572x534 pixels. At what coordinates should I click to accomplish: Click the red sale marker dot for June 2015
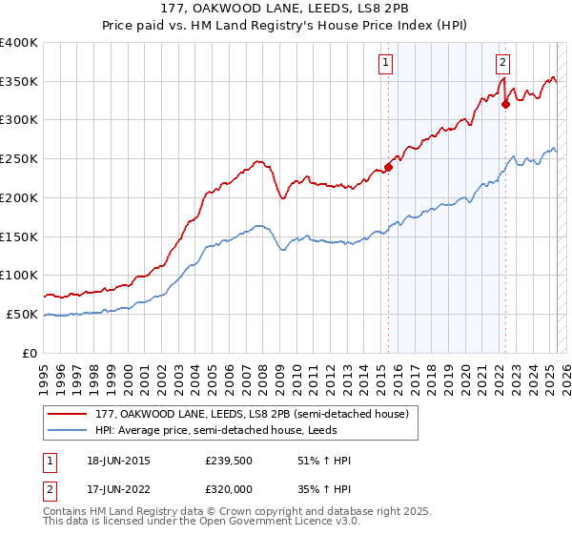(388, 167)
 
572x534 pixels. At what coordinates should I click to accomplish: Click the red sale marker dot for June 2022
(505, 105)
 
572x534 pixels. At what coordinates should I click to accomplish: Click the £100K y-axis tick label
(19, 275)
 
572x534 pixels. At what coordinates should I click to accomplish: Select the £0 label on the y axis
(31, 353)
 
